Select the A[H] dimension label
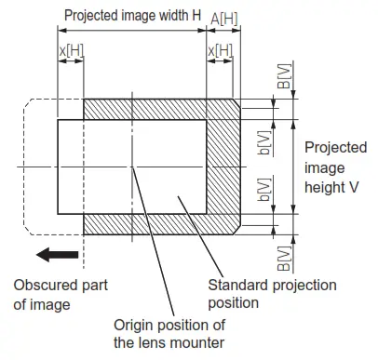[223, 18]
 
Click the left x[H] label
[70, 49]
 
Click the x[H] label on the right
[221, 49]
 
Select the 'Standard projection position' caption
[272, 293]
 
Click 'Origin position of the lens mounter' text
[169, 333]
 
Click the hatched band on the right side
[223, 167]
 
